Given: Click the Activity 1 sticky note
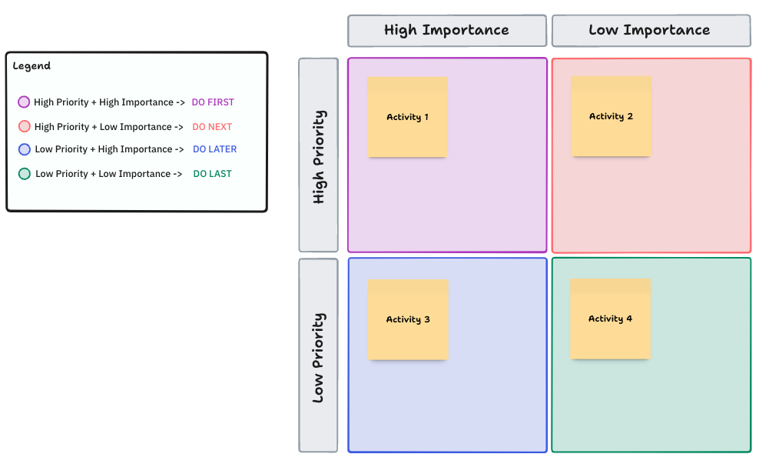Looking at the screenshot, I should pos(407,117).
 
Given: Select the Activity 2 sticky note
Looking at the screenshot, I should pos(611,116).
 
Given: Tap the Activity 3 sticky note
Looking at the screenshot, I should pos(408,319).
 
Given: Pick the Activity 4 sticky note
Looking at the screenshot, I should pos(610,319).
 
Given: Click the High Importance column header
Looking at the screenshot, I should pos(446,31).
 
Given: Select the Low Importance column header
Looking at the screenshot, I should pos(650,31).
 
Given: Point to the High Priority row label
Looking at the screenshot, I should pos(318,155).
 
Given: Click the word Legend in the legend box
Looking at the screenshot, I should pos(31,66).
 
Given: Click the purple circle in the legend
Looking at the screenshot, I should pos(24,102).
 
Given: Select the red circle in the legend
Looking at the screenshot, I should pos(24,127).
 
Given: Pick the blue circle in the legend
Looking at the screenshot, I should pos(24,149).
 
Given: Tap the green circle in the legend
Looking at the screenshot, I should pos(24,174).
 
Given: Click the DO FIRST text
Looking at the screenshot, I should pos(213,102).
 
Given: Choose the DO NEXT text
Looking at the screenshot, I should pos(212,127).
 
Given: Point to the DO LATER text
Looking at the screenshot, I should pos(214,149).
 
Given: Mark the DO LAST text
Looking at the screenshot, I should pos(212,174).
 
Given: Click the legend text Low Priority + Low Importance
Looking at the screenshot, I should pos(108,174).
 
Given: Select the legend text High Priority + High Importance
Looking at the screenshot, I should pos(109,102).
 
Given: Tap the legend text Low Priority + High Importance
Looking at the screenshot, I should pos(109,149).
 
